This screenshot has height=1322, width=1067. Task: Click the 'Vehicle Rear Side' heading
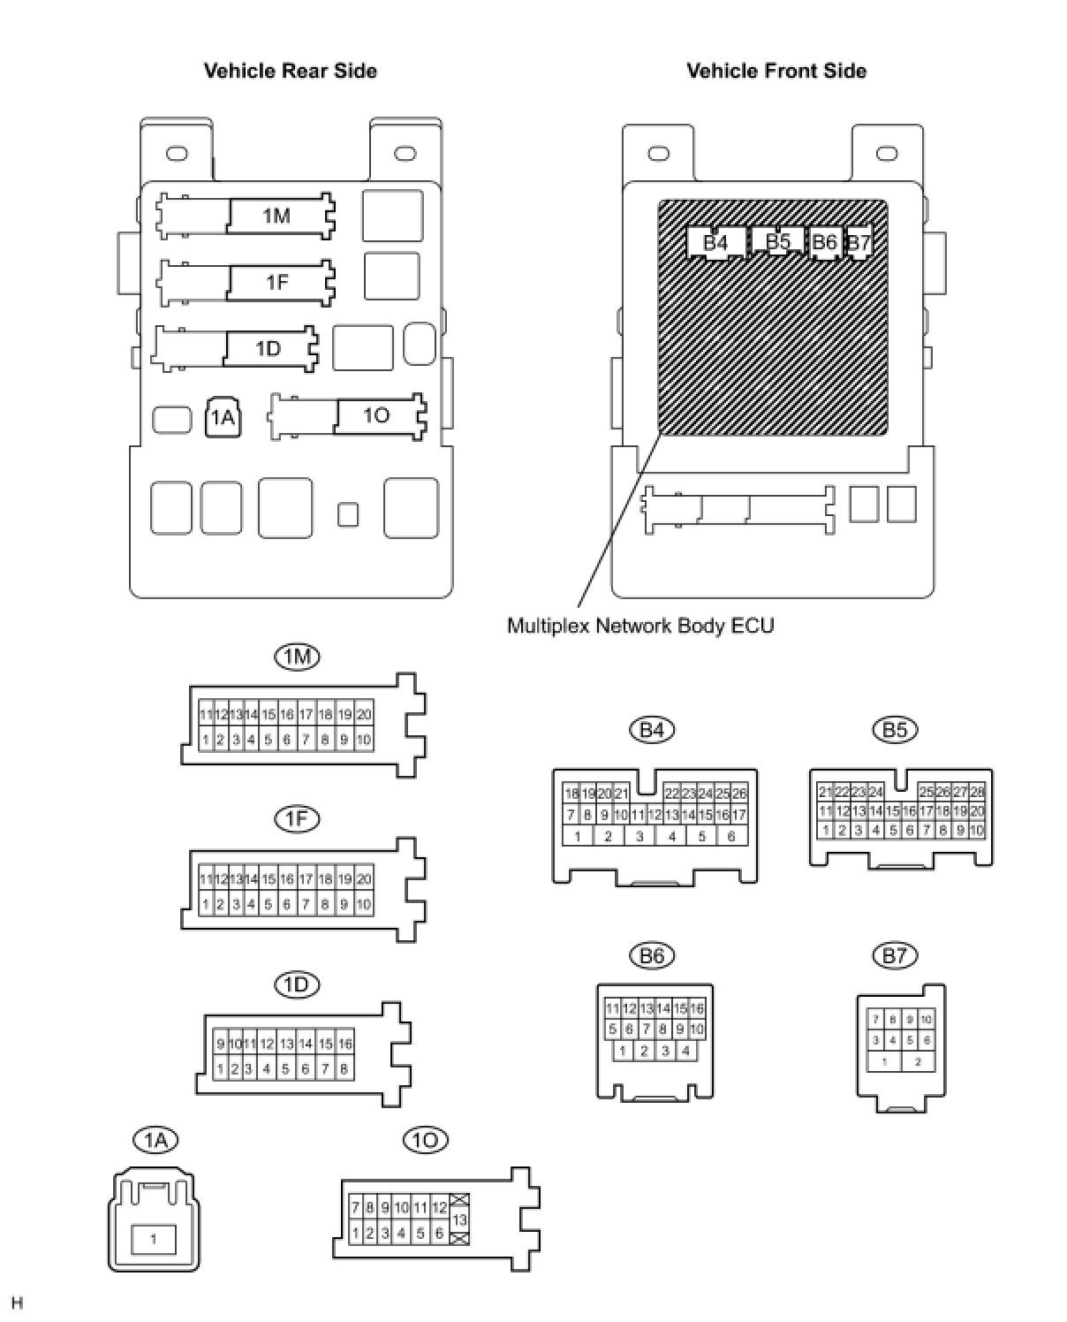tap(290, 71)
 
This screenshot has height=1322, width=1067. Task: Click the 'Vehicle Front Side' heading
tap(776, 71)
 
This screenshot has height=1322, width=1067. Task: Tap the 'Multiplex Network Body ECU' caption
tap(640, 626)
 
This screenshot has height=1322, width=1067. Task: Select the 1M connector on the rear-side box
tap(276, 216)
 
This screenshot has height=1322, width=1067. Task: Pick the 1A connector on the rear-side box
tap(223, 417)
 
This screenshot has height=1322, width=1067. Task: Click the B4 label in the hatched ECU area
tap(715, 242)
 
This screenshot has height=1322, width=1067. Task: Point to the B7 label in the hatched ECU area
tap(859, 242)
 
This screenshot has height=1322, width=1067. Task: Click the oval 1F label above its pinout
tap(297, 819)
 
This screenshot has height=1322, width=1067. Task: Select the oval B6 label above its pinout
tap(652, 955)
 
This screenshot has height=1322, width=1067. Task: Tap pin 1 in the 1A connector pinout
tap(154, 1239)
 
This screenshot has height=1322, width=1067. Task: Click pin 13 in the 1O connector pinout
tap(459, 1219)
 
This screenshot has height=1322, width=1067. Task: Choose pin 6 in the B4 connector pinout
tap(731, 836)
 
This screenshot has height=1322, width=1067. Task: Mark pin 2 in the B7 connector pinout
tap(918, 1061)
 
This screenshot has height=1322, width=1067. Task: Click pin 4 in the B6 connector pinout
tap(685, 1051)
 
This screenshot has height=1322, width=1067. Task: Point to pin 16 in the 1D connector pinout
tap(344, 1044)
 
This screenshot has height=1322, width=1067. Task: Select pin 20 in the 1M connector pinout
tap(363, 714)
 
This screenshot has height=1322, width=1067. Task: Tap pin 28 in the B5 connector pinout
tap(976, 793)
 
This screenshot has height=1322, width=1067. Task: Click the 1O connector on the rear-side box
tap(376, 415)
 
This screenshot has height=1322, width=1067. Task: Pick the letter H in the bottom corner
tap(18, 1303)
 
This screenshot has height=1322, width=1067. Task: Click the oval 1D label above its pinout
tap(297, 984)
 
